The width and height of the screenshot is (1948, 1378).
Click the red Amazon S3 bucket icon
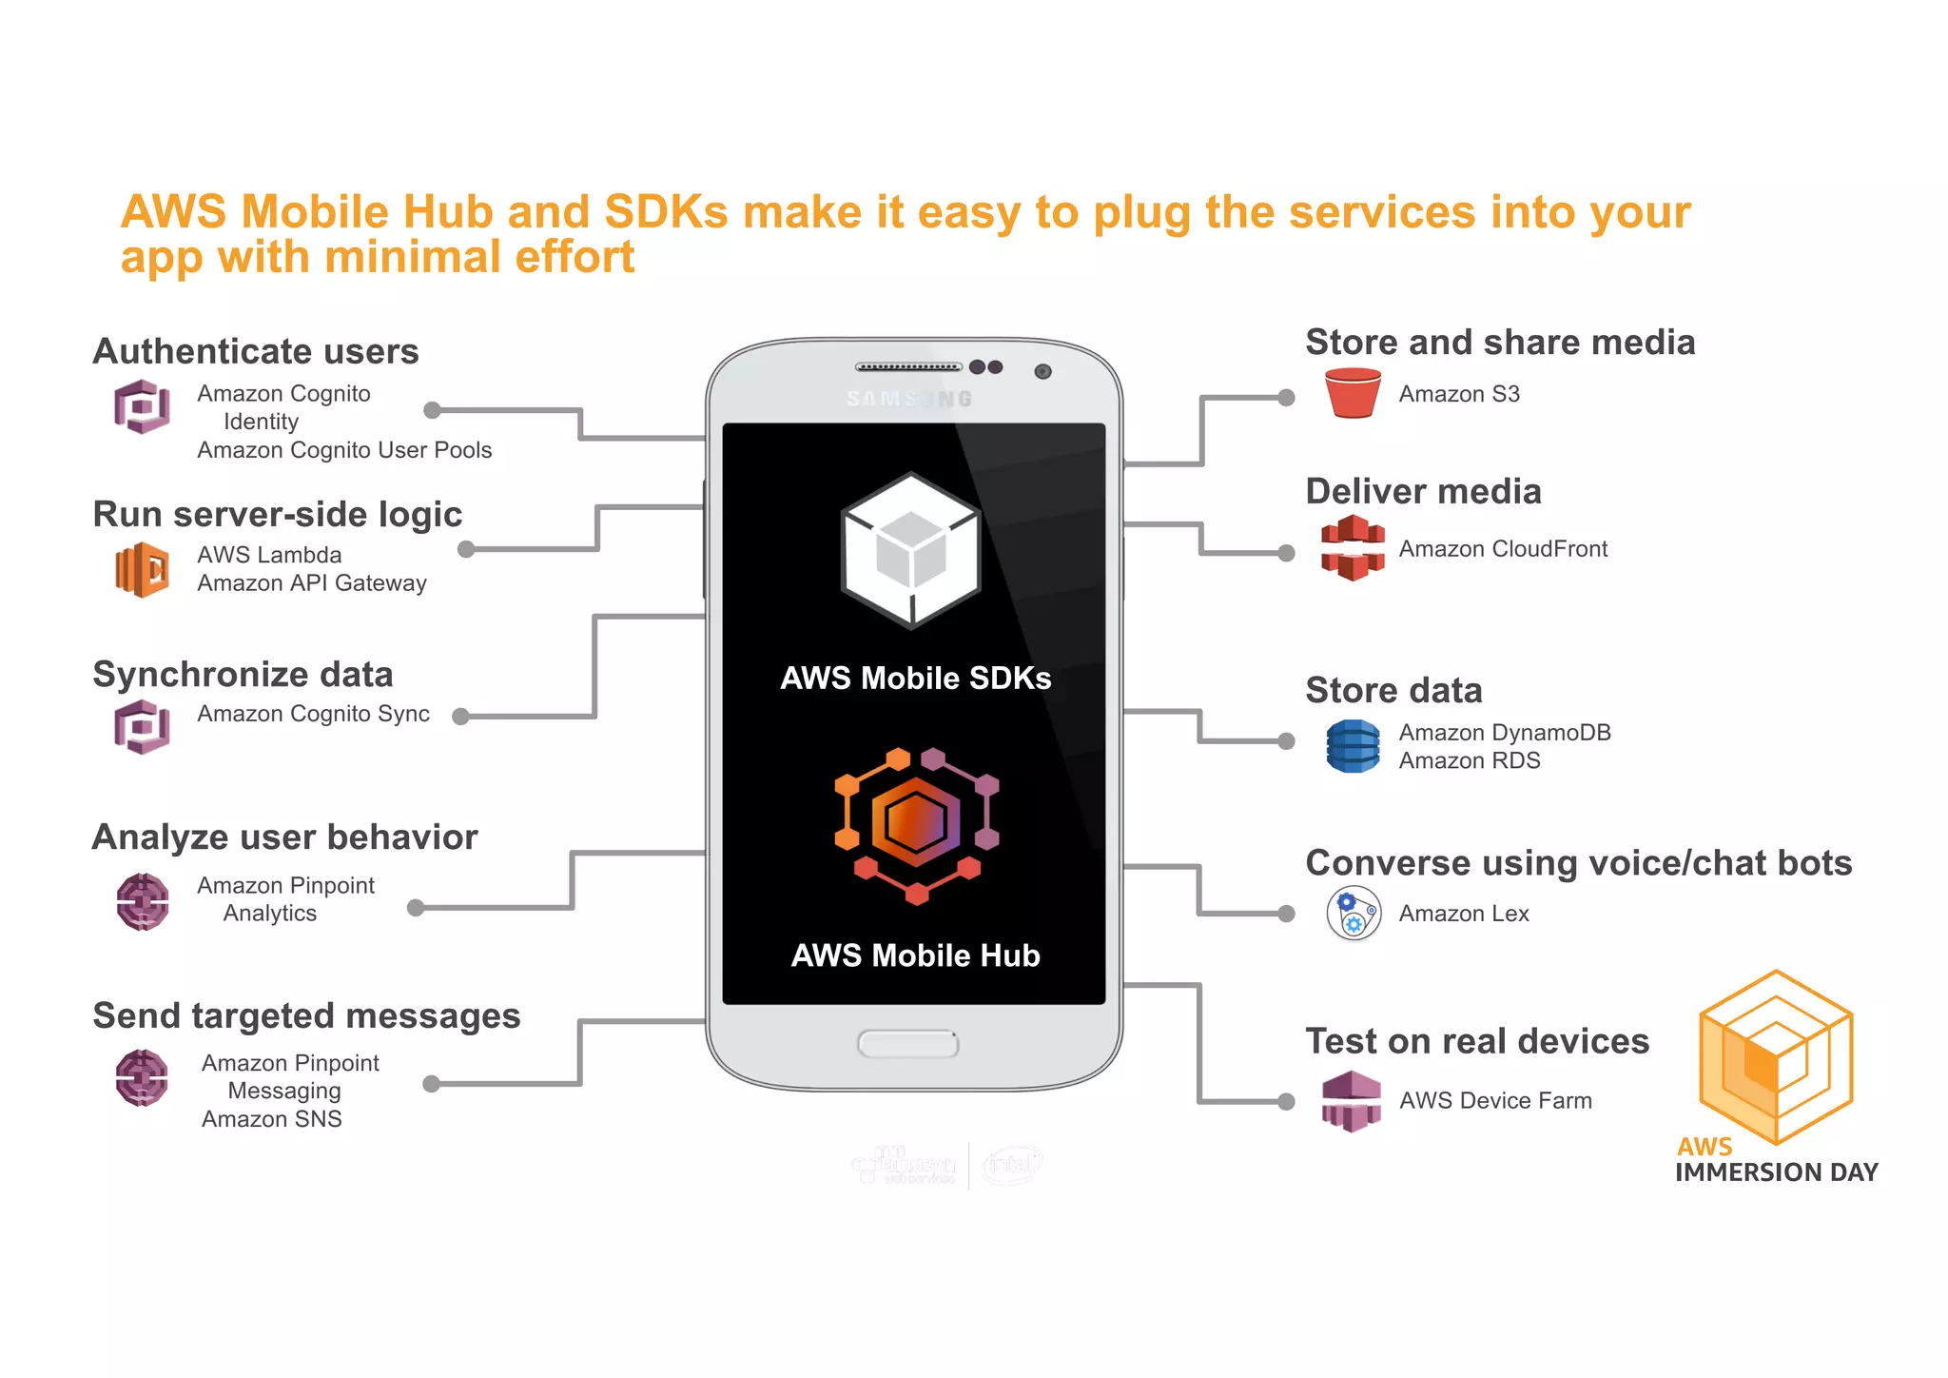1352,393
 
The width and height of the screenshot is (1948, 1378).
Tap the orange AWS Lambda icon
143,569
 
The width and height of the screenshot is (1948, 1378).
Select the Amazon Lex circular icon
1353,914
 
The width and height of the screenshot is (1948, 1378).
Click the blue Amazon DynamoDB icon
1352,746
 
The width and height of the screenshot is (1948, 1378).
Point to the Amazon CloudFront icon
1352,548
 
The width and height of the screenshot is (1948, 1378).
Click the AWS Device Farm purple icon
1351,1101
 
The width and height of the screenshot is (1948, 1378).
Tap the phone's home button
907,1044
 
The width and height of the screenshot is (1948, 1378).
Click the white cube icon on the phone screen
911,550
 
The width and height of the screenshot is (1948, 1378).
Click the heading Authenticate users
256,351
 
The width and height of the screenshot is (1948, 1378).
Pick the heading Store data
1393,690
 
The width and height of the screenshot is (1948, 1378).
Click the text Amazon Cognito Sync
313,714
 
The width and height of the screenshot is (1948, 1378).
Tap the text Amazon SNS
271,1119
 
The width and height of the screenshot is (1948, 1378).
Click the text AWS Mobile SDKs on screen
915,678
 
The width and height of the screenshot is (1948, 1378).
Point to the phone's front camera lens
1042,371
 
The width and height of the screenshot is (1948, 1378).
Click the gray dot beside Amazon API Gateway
466,549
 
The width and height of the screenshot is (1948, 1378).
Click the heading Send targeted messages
306,1015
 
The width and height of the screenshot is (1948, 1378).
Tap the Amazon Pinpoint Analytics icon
143,900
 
